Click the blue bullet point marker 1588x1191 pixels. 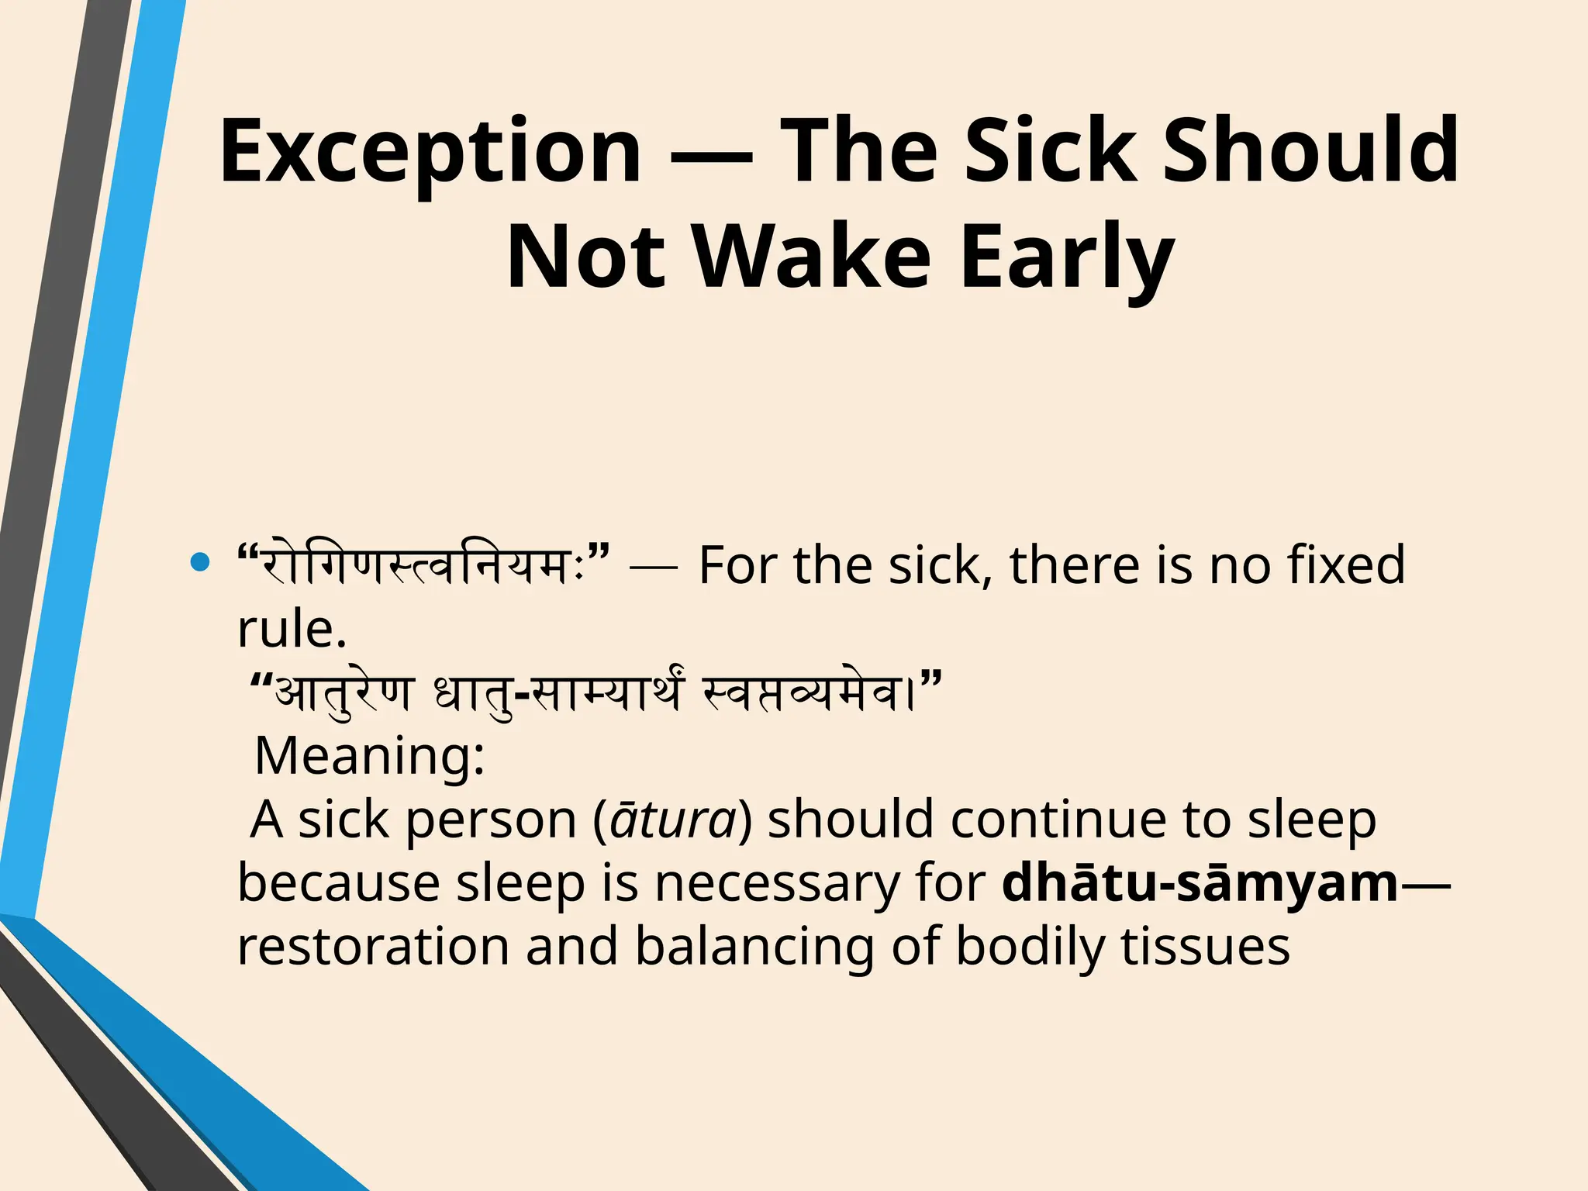tap(200, 563)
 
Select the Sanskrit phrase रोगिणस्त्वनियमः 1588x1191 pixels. tap(423, 564)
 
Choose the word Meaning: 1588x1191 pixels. tap(369, 755)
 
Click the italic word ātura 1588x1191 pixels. tap(673, 819)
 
